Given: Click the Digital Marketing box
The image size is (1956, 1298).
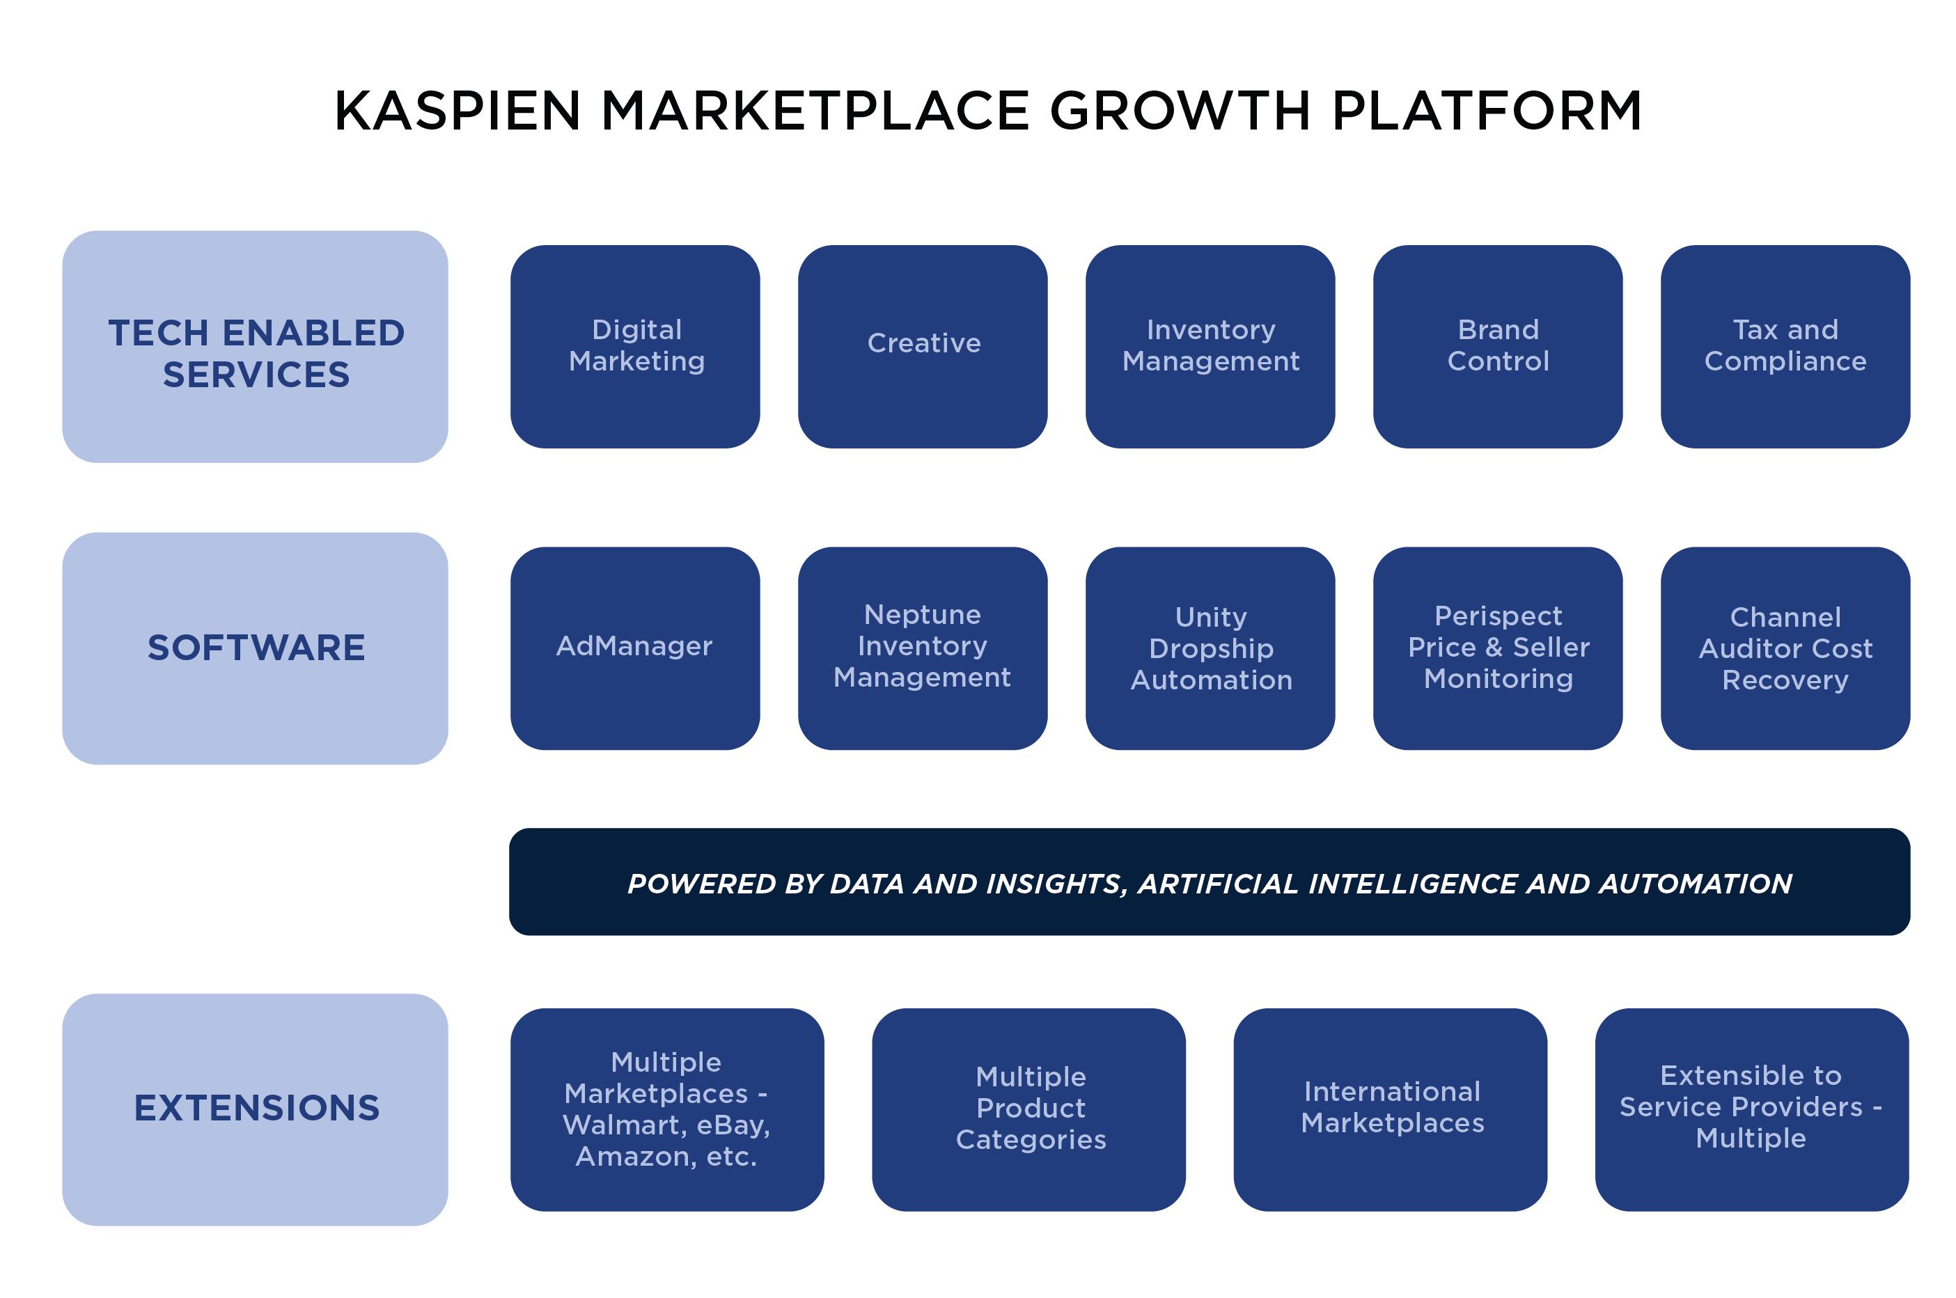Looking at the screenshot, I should tap(635, 346).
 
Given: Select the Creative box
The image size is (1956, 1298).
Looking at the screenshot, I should tap(922, 346).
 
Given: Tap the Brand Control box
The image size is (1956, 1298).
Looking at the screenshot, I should tap(1497, 346).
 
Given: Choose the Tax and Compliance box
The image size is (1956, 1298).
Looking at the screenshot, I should tap(1785, 346).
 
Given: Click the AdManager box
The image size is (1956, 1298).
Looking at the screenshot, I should tap(635, 648).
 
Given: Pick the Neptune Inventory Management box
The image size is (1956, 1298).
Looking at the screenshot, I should tap(922, 648).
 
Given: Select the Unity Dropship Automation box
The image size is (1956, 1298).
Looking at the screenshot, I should tap(1210, 648).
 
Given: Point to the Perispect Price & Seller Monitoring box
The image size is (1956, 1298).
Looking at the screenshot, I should tap(1497, 648).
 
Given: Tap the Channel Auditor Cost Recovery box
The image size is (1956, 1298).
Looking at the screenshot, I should tap(1785, 648).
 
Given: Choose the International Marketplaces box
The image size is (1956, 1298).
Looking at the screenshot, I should tap(1390, 1109).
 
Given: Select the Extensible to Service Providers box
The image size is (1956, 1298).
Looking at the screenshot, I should tap(1751, 1109).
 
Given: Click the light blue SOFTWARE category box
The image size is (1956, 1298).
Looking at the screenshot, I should tap(255, 648).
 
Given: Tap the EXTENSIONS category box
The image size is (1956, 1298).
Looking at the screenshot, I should tap(255, 1109).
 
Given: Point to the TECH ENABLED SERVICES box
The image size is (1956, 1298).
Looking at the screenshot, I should tap(255, 346).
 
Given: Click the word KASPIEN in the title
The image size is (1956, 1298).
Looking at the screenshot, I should tap(457, 111).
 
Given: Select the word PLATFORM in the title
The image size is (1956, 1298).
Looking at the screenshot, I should tap(1486, 111).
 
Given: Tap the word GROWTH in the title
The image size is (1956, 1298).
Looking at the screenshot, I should tap(1180, 111).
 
